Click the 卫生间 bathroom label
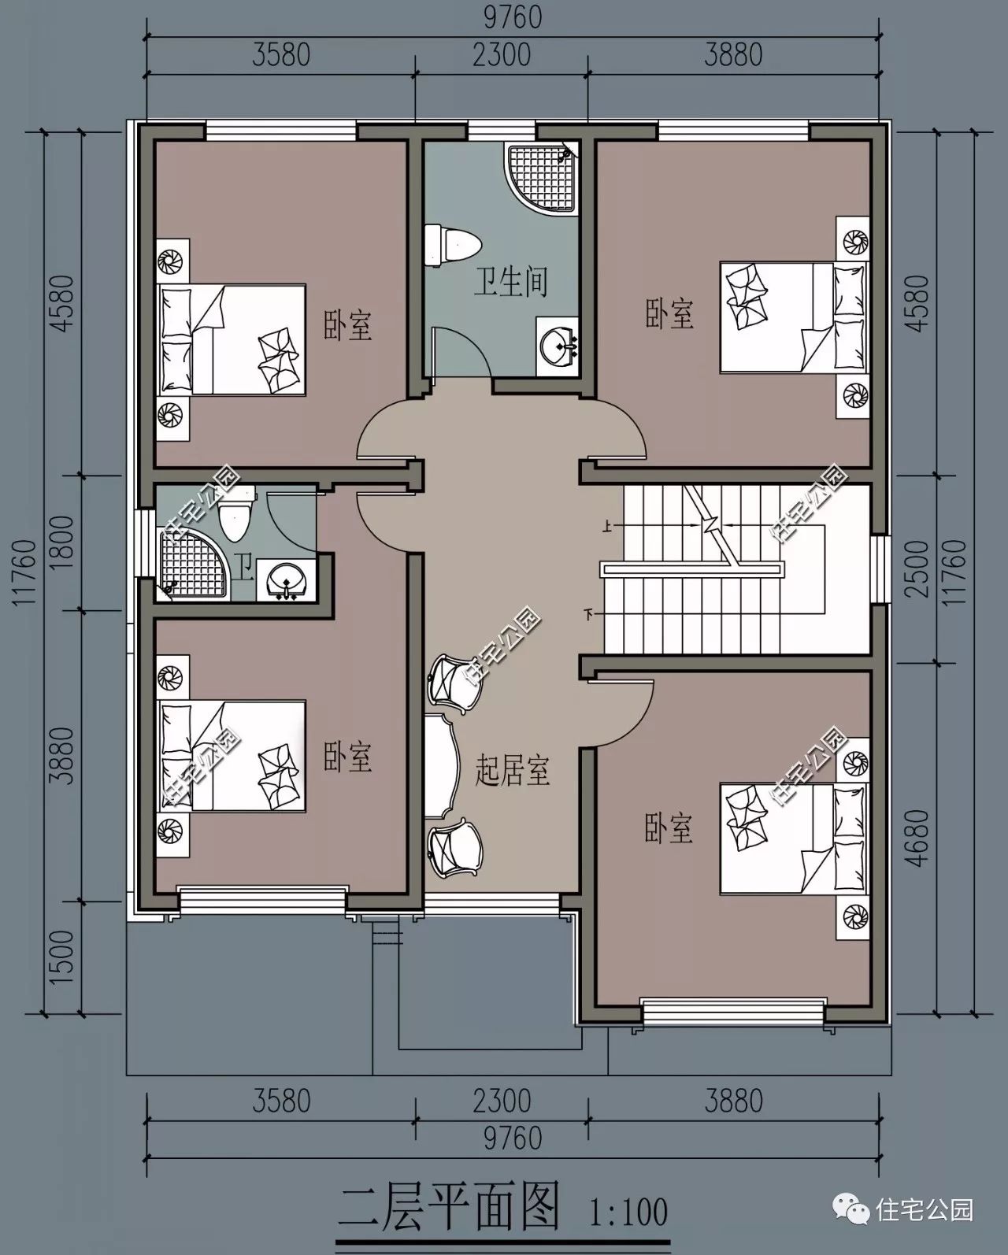pyautogui.click(x=510, y=281)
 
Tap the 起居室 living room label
pyautogui.click(x=511, y=770)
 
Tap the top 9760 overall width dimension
pyautogui.click(x=510, y=17)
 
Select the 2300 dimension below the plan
pyautogui.click(x=502, y=1101)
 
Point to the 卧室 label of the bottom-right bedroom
pyautogui.click(x=669, y=828)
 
